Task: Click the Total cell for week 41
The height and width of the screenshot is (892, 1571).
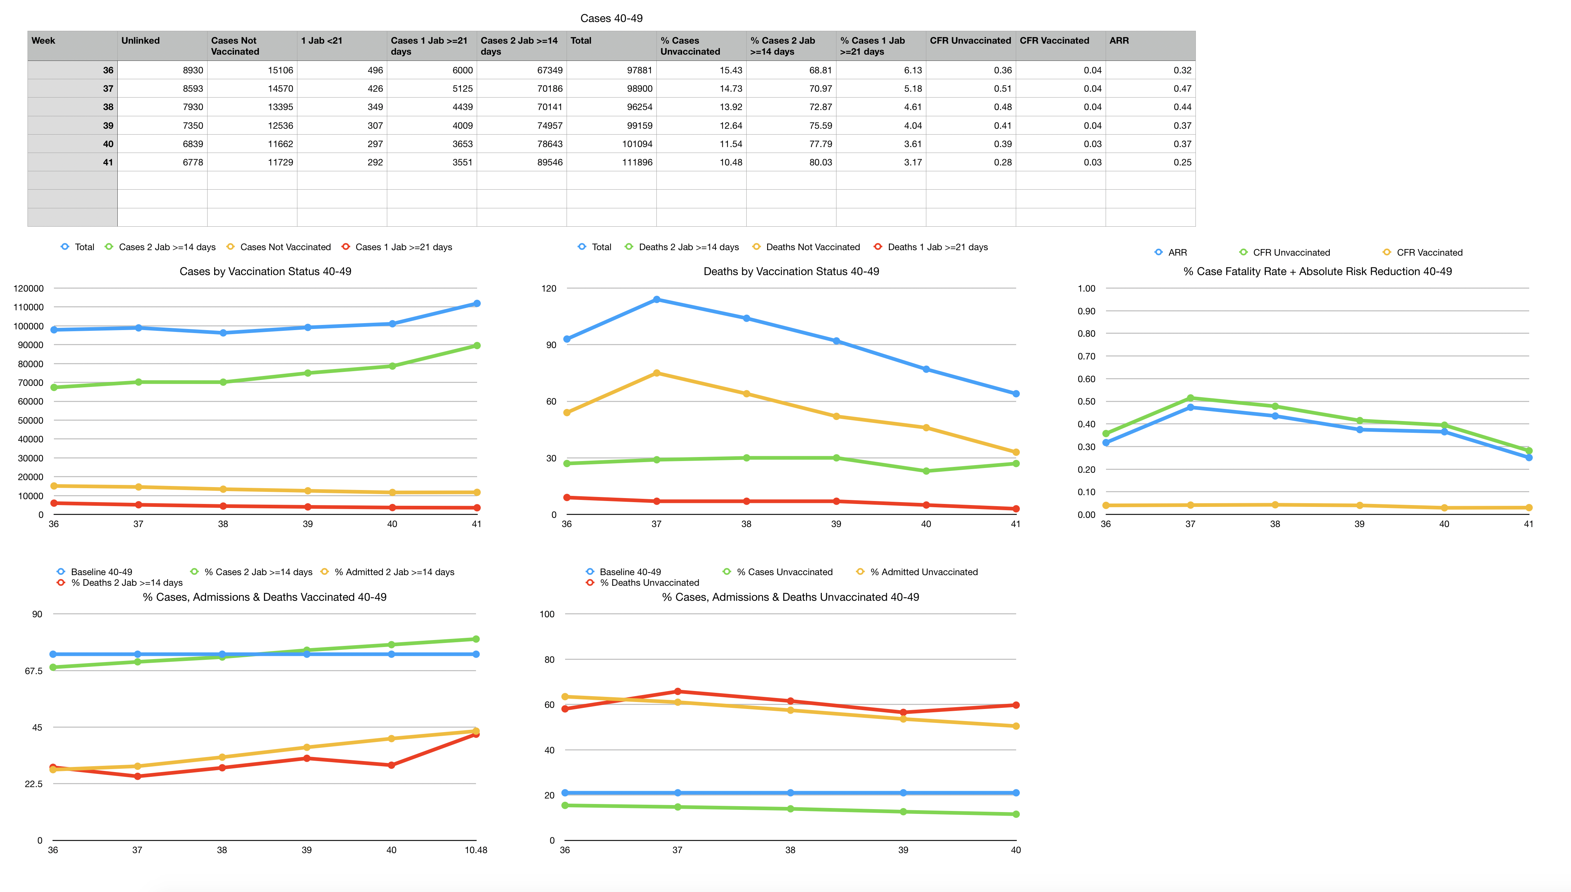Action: click(x=637, y=162)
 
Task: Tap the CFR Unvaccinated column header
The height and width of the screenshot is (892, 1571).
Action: click(x=970, y=40)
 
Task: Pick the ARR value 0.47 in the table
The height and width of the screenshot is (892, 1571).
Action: click(x=1182, y=89)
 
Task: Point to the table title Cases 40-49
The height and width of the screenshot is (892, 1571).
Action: click(x=611, y=18)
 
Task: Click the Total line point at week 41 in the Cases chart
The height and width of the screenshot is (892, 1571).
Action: click(x=476, y=304)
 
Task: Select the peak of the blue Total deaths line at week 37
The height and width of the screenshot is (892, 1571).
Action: click(x=656, y=300)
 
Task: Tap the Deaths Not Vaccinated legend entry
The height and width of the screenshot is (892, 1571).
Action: click(x=812, y=247)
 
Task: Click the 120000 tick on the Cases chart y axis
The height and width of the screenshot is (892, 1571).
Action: click(x=29, y=289)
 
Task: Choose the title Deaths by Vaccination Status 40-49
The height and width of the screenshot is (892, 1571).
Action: click(x=791, y=271)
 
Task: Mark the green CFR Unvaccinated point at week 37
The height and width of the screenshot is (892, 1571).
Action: click(x=1190, y=398)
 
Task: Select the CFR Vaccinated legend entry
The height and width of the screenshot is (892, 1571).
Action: click(x=1429, y=252)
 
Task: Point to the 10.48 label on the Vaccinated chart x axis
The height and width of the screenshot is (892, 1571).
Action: click(x=476, y=850)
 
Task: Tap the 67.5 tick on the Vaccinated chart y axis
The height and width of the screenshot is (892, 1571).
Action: click(x=34, y=671)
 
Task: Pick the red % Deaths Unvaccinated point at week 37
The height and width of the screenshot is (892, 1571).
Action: click(x=677, y=692)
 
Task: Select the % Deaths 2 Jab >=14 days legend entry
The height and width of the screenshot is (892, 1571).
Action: click(x=126, y=582)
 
